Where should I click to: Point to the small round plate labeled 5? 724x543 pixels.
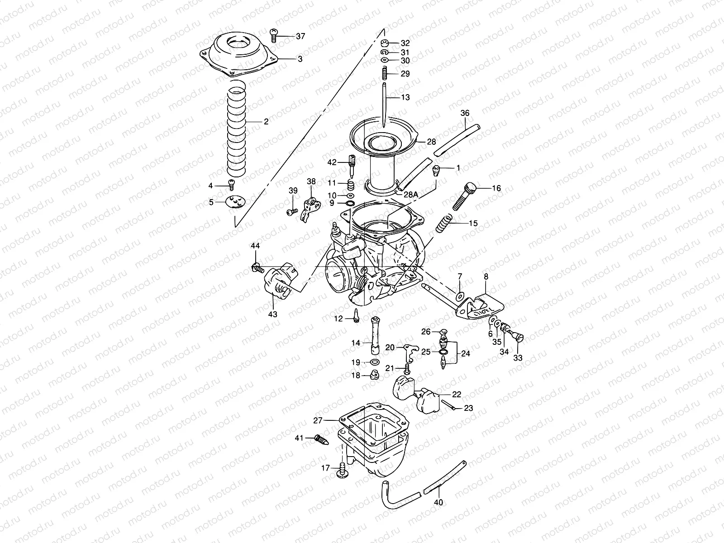[235, 202]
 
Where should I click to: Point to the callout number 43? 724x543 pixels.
[273, 314]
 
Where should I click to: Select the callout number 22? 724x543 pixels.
[456, 394]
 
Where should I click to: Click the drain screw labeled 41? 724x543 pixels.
[320, 438]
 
